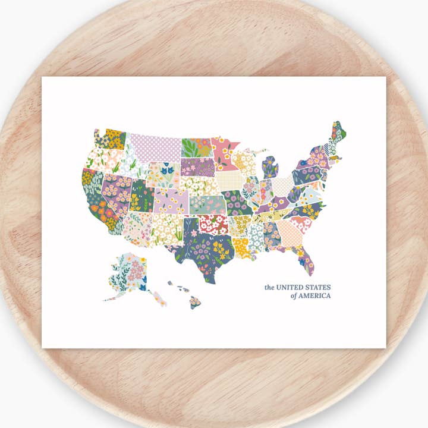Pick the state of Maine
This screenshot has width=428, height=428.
pos(339,134)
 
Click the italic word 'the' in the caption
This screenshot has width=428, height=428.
pos(270,288)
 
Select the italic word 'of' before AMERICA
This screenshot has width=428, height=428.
pos(294,296)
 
